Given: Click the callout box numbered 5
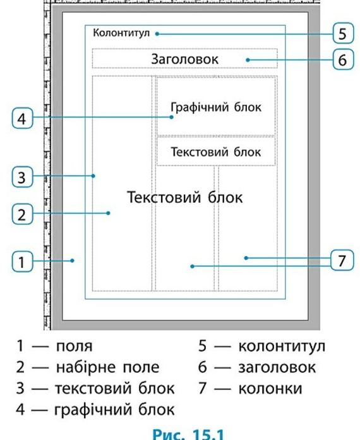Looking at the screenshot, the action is click(x=343, y=34).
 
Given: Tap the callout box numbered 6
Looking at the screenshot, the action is click(x=343, y=59).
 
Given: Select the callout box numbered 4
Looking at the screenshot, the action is click(x=23, y=118).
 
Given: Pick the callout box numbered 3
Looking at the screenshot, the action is click(x=23, y=177).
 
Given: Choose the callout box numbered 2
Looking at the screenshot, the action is click(x=23, y=214).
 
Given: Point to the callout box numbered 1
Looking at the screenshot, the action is click(x=23, y=262).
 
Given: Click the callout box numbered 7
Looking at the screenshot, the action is click(x=342, y=260).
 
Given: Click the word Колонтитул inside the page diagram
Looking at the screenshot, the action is click(x=121, y=33).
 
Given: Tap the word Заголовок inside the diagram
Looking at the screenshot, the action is click(x=184, y=59).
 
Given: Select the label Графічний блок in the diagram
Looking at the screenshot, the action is click(x=216, y=107).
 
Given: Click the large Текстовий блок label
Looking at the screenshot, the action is click(x=185, y=197).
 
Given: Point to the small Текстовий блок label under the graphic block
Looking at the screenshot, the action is click(x=216, y=152).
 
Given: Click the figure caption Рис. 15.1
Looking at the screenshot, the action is click(x=188, y=433).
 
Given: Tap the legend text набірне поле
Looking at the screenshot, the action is click(x=107, y=367).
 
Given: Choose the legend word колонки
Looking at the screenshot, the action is click(x=270, y=389).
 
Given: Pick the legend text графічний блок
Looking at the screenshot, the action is click(x=114, y=410).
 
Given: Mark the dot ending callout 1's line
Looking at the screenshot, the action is click(x=73, y=260).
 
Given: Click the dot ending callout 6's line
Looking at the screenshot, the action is click(x=248, y=60).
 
